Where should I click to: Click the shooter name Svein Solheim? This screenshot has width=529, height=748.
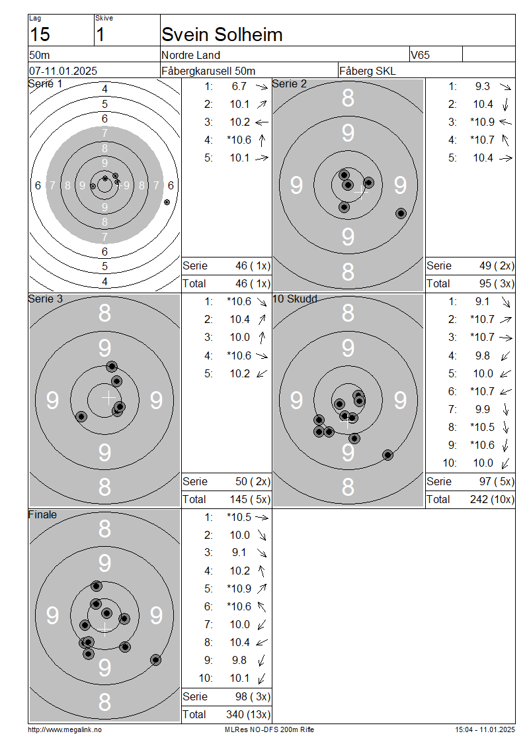[222, 34]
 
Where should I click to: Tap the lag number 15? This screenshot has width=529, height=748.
[40, 34]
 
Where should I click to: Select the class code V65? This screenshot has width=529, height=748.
[420, 55]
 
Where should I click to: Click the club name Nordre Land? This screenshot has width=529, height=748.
[190, 55]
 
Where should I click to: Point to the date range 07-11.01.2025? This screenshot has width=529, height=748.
[63, 71]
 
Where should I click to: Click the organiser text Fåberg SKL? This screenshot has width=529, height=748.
[368, 71]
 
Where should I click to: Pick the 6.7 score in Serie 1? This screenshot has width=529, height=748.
[239, 86]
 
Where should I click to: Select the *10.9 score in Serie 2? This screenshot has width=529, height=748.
[482, 122]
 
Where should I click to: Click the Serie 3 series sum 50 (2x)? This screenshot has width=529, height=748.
[253, 481]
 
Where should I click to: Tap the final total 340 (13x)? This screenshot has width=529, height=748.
[248, 714]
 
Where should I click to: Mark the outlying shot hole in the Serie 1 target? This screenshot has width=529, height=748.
[167, 203]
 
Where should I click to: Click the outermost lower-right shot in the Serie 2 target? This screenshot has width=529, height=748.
[401, 213]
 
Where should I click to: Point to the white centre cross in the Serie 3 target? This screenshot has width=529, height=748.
[108, 397]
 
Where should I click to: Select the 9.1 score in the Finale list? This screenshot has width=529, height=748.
[239, 553]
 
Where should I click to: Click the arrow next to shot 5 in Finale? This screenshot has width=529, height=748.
[262, 588]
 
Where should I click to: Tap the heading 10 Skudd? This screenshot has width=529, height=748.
[294, 299]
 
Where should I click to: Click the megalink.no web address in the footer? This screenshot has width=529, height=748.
[65, 729]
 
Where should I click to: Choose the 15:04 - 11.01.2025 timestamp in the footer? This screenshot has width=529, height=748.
[485, 729]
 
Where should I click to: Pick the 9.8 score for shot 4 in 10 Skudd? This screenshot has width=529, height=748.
[482, 355]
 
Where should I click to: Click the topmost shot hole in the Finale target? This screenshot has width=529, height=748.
[97, 586]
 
